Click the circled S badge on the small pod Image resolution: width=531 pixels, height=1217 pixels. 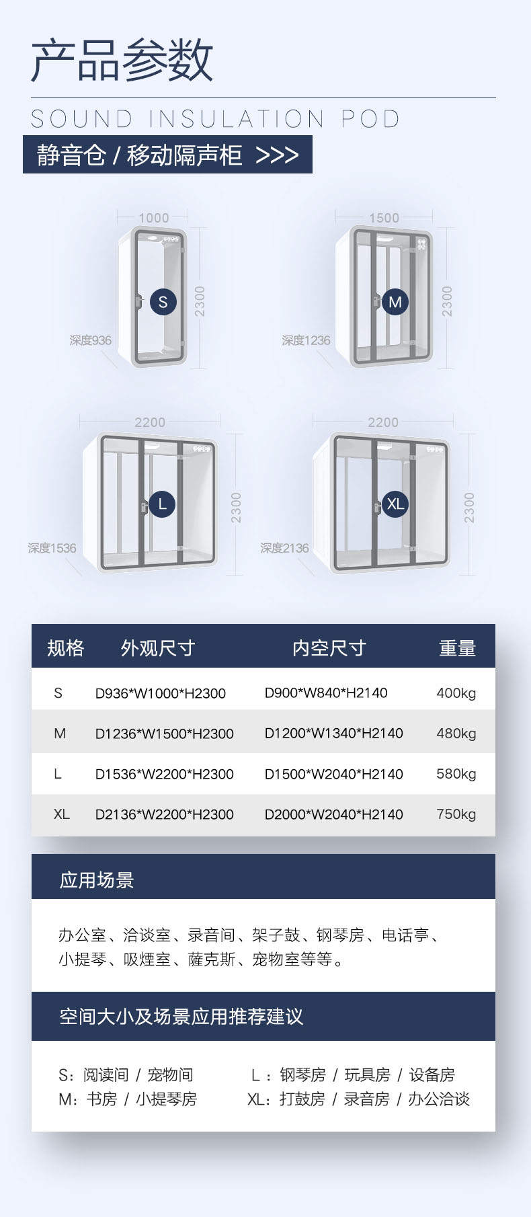(x=163, y=302)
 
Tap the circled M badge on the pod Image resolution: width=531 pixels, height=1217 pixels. (x=395, y=302)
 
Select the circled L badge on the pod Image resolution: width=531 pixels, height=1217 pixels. (x=162, y=504)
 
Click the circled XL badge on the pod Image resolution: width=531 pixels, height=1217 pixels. (x=395, y=504)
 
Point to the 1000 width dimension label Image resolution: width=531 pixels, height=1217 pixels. (x=153, y=218)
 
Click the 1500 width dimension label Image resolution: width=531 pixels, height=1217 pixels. (x=384, y=218)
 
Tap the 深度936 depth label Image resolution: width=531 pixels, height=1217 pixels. (x=91, y=340)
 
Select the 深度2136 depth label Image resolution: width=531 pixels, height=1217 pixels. (x=285, y=548)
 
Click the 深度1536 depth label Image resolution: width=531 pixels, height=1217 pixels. (x=52, y=548)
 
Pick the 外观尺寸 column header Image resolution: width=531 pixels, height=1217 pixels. (x=158, y=648)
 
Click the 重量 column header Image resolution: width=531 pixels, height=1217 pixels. (x=457, y=648)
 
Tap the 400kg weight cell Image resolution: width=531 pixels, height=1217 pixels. (x=456, y=693)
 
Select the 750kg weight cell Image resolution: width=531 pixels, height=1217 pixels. (x=456, y=814)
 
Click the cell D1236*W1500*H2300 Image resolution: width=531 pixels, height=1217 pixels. (x=165, y=734)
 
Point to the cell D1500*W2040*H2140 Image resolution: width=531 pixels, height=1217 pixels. (x=334, y=774)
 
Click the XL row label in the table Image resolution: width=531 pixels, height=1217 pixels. (x=61, y=814)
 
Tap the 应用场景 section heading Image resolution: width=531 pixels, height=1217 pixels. (x=97, y=880)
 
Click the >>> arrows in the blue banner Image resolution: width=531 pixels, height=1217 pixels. (x=278, y=155)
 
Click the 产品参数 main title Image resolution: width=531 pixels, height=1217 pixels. (x=122, y=61)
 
